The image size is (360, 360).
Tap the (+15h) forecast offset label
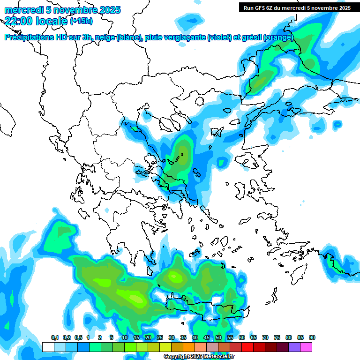[81, 21]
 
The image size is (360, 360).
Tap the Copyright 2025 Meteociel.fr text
[199, 356]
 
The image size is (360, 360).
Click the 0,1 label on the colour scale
[55, 337]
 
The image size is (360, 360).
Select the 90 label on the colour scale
[312, 337]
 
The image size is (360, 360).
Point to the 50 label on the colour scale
[218, 337]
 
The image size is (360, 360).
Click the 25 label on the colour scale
[160, 337]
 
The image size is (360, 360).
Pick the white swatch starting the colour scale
[48, 347]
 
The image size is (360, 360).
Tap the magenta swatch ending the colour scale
[306, 347]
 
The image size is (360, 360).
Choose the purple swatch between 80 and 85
[294, 347]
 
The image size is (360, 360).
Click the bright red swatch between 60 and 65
[247, 347]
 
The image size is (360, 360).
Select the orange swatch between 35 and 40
[189, 347]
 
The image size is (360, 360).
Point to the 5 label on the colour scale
[112, 337]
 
